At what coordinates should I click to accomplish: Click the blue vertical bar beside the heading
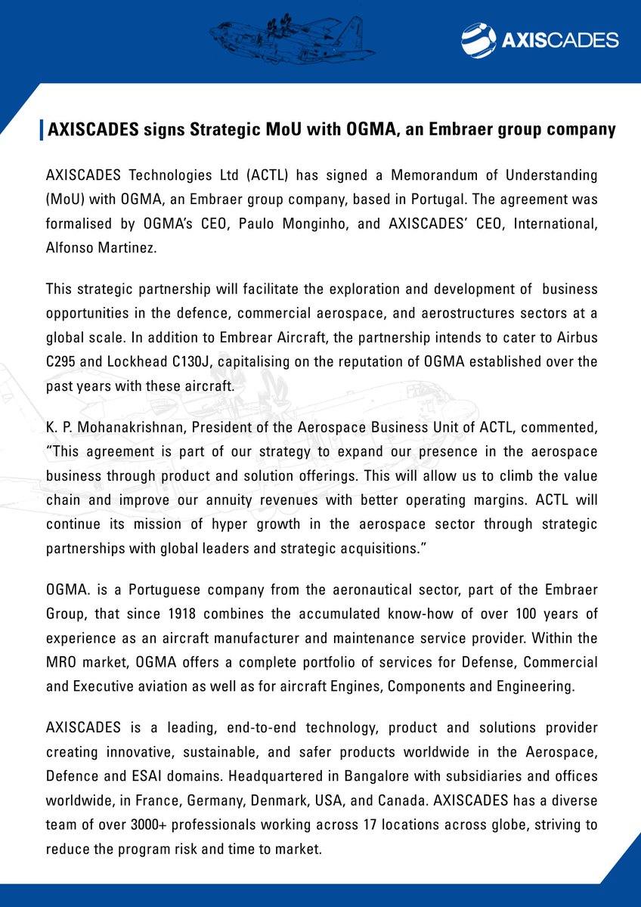click(x=41, y=129)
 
